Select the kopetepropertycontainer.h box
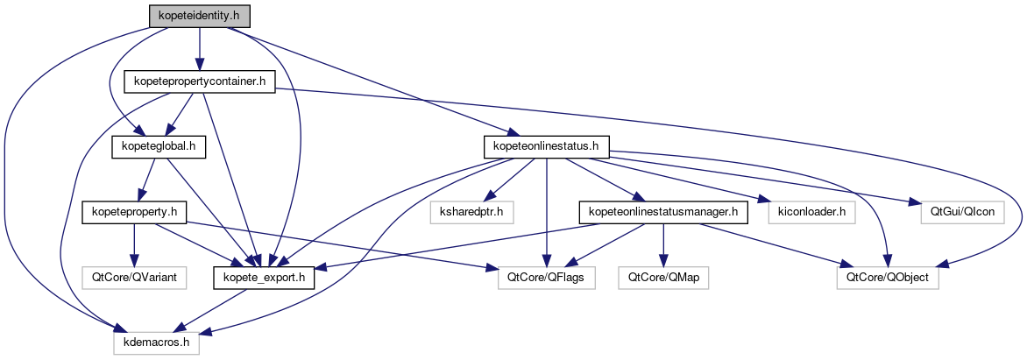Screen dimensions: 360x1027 (201, 81)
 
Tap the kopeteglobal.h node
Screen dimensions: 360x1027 (159, 147)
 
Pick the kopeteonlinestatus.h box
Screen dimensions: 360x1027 (547, 147)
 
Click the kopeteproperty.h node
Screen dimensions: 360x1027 (135, 212)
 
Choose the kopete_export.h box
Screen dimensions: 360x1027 (265, 279)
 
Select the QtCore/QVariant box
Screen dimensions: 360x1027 (135, 279)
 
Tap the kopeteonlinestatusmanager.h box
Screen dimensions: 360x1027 (662, 212)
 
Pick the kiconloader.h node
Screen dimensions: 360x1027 (806, 212)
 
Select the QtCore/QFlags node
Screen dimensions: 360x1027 (547, 279)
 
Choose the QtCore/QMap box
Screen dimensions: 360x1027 (664, 279)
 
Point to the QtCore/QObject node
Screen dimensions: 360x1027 (887, 279)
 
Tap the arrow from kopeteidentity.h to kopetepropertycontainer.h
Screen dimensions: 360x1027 (200, 48)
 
